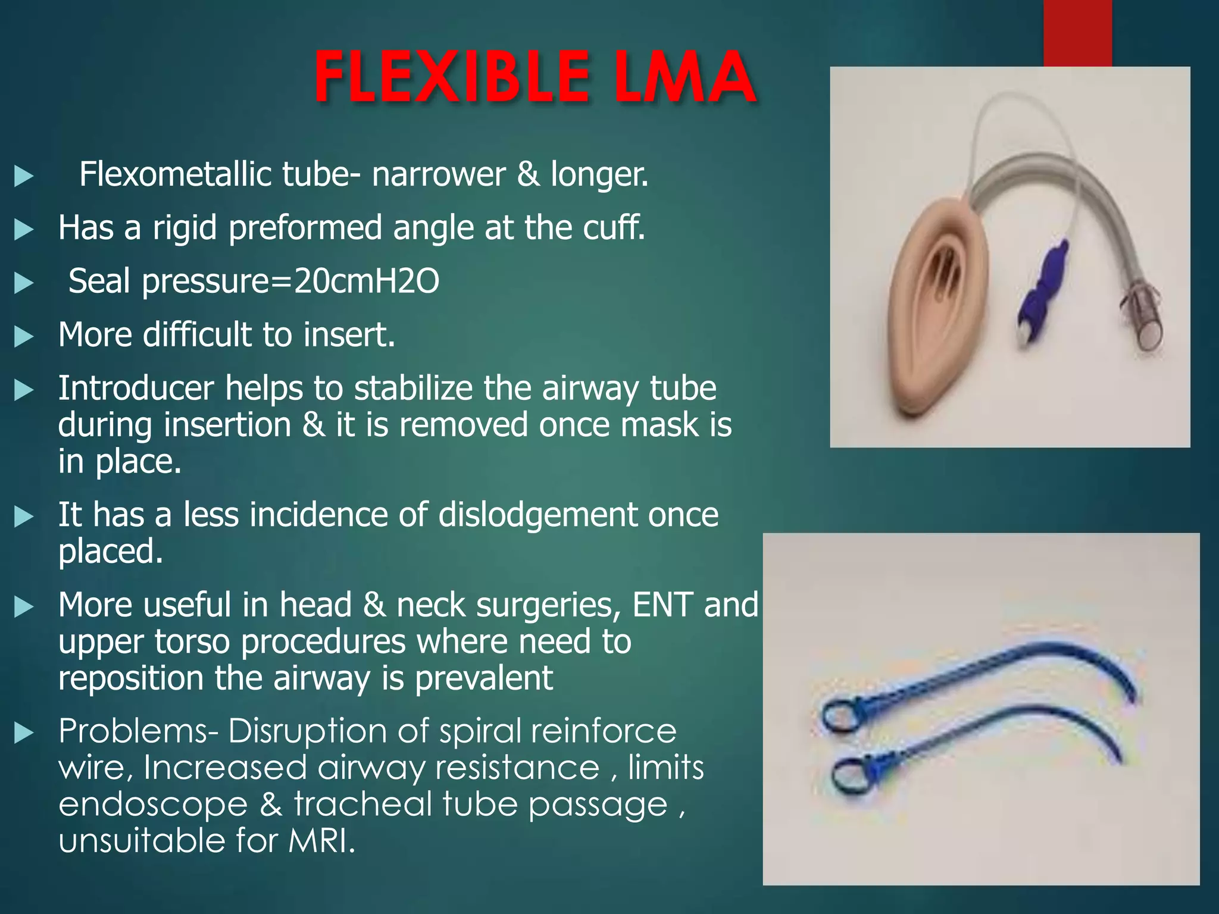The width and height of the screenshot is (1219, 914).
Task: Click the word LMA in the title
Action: pyautogui.click(x=684, y=77)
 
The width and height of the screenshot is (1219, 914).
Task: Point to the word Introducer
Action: pyautogui.click(x=136, y=388)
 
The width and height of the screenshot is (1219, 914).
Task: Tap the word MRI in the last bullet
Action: pyautogui.click(x=321, y=841)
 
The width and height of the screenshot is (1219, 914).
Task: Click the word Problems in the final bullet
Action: pyautogui.click(x=138, y=731)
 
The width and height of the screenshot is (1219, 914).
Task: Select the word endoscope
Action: pyautogui.click(x=153, y=805)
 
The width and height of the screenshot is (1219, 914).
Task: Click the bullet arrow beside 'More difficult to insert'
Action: pyautogui.click(x=24, y=336)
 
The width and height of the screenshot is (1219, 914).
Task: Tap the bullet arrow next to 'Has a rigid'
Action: pyautogui.click(x=24, y=229)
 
